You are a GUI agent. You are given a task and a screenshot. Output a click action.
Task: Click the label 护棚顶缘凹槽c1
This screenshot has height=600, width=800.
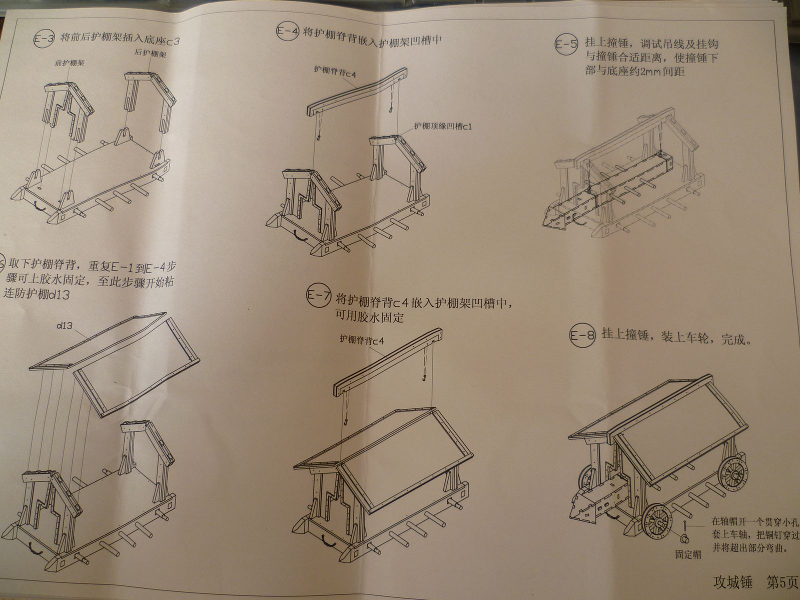pos(442,126)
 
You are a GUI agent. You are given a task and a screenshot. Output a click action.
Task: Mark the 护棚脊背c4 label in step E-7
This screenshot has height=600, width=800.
pos(361,340)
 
